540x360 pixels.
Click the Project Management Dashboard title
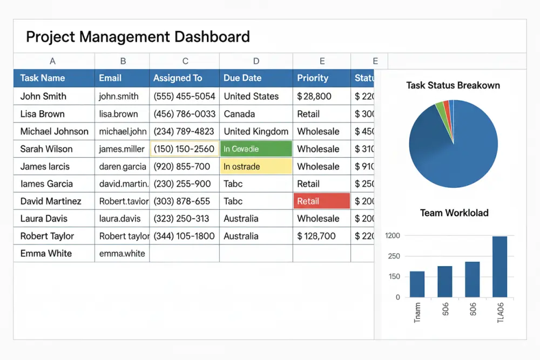point(138,37)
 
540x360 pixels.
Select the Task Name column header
point(42,78)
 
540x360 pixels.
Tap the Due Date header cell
point(242,78)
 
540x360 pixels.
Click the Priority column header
point(313,78)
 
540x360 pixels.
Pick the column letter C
point(185,62)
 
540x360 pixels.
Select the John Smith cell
point(43,97)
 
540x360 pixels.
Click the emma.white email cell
point(122,253)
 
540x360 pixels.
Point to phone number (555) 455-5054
point(184,97)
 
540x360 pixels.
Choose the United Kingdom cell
point(256,131)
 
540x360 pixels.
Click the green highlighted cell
point(256,149)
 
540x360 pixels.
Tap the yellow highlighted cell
point(256,166)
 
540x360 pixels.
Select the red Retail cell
point(322,201)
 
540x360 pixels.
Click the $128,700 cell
point(316,236)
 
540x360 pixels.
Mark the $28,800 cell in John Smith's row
point(314,97)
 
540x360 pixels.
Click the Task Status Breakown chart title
point(453,85)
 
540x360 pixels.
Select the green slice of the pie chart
point(441,109)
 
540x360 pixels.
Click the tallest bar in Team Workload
point(500,267)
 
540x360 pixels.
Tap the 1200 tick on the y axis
point(393,236)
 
